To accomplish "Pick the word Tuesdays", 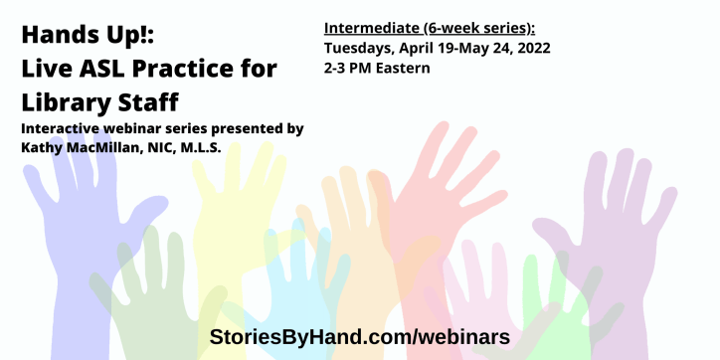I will [x=360, y=48].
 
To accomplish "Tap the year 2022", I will [x=529, y=48].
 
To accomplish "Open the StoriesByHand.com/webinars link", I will [x=359, y=336].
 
